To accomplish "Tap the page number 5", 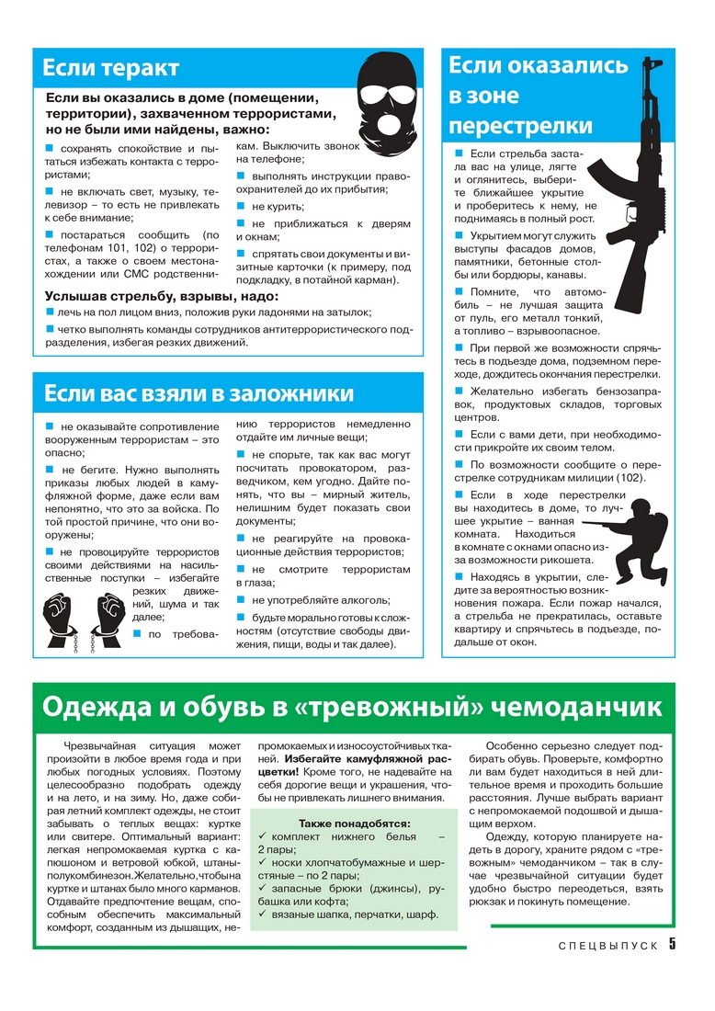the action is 673,945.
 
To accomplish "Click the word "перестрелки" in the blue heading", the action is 520,125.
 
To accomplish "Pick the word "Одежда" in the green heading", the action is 96,707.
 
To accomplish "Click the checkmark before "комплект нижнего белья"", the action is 263,837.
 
